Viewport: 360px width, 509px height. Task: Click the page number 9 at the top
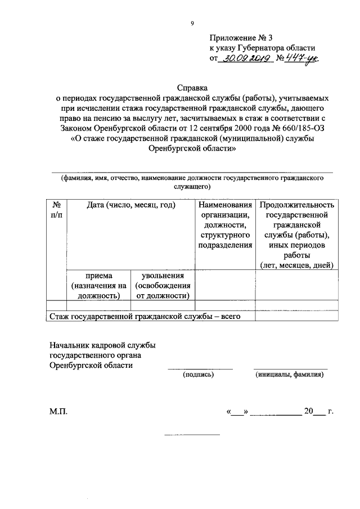pyautogui.click(x=192, y=23)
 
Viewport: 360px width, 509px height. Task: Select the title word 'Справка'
pyautogui.click(x=192, y=88)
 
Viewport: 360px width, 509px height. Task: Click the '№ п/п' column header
pyautogui.click(x=57, y=210)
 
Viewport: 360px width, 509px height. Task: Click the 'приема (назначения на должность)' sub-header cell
pyautogui.click(x=98, y=285)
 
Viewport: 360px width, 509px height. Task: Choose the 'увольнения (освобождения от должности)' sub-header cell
pyautogui.click(x=163, y=285)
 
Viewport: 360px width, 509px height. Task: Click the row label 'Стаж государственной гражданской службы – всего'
pyautogui.click(x=145, y=317)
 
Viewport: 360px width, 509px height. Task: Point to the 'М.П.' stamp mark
pyautogui.click(x=58, y=412)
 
